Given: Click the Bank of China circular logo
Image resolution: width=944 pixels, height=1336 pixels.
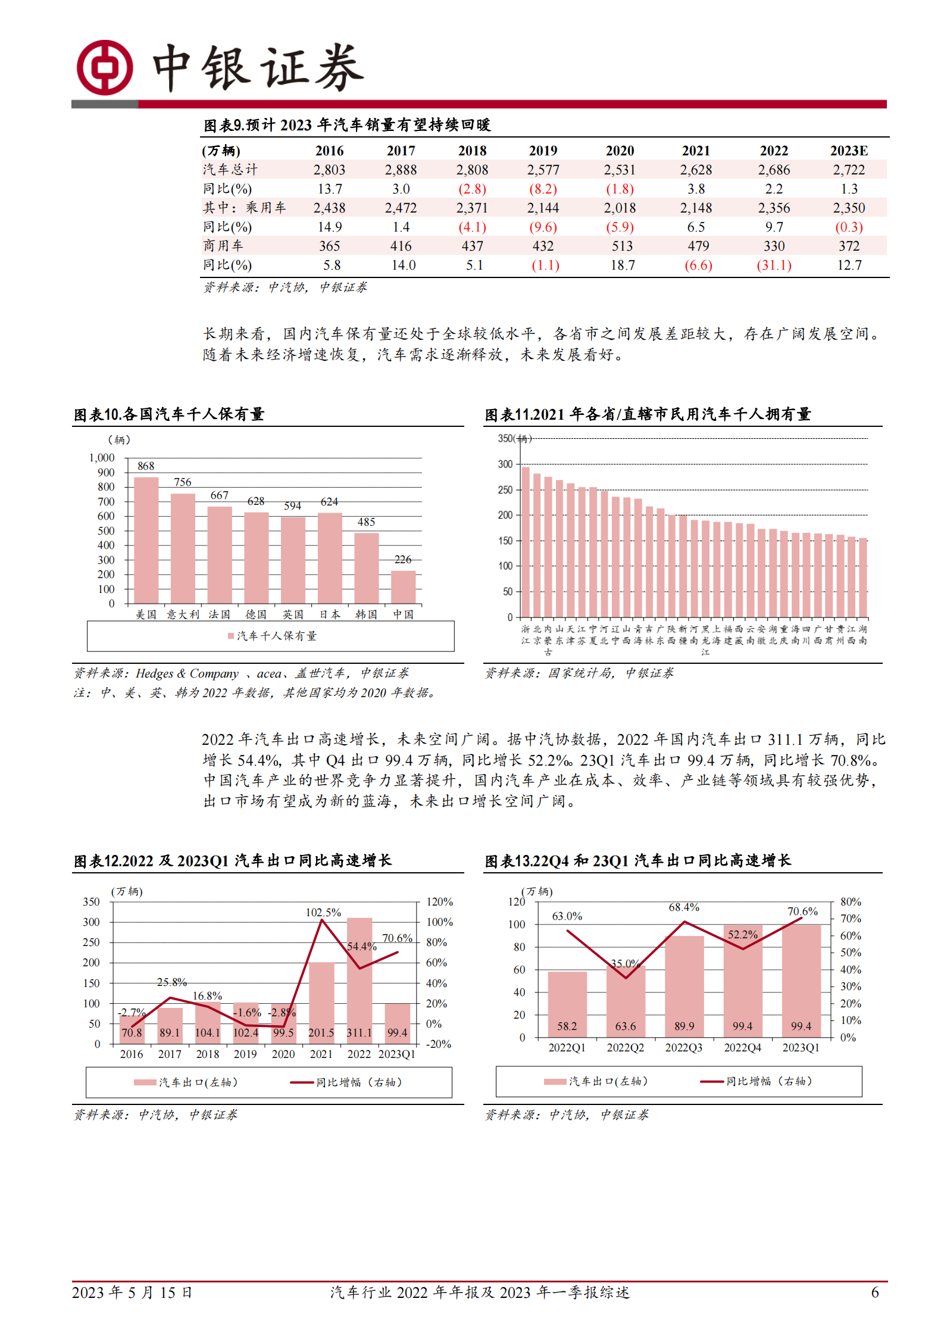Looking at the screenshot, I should (105, 67).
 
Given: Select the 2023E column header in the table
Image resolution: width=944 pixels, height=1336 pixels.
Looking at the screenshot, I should (849, 151).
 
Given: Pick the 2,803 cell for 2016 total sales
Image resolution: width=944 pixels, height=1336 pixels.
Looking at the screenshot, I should (329, 170).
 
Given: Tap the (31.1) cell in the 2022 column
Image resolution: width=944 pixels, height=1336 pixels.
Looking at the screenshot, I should (774, 265).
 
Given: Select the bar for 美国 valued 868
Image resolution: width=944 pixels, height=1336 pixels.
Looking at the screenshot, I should (146, 540).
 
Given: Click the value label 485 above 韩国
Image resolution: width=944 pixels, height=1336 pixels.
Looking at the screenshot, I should (366, 522).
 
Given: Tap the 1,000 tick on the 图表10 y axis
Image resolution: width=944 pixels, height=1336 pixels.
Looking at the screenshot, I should (102, 458).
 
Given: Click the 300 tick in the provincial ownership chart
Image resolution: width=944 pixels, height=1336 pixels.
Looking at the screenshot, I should (505, 464).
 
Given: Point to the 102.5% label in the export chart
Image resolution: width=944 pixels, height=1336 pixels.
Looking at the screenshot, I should (323, 912).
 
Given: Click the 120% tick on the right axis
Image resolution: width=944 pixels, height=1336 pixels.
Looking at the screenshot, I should (439, 901).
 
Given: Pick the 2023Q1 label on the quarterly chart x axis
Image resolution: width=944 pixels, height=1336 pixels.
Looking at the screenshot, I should (801, 1047).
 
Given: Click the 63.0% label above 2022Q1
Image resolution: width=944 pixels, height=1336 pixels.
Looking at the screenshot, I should (567, 916).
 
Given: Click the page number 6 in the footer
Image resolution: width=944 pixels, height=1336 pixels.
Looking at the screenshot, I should (874, 1292).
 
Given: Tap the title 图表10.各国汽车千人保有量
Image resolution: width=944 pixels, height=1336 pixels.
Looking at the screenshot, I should (169, 414).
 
